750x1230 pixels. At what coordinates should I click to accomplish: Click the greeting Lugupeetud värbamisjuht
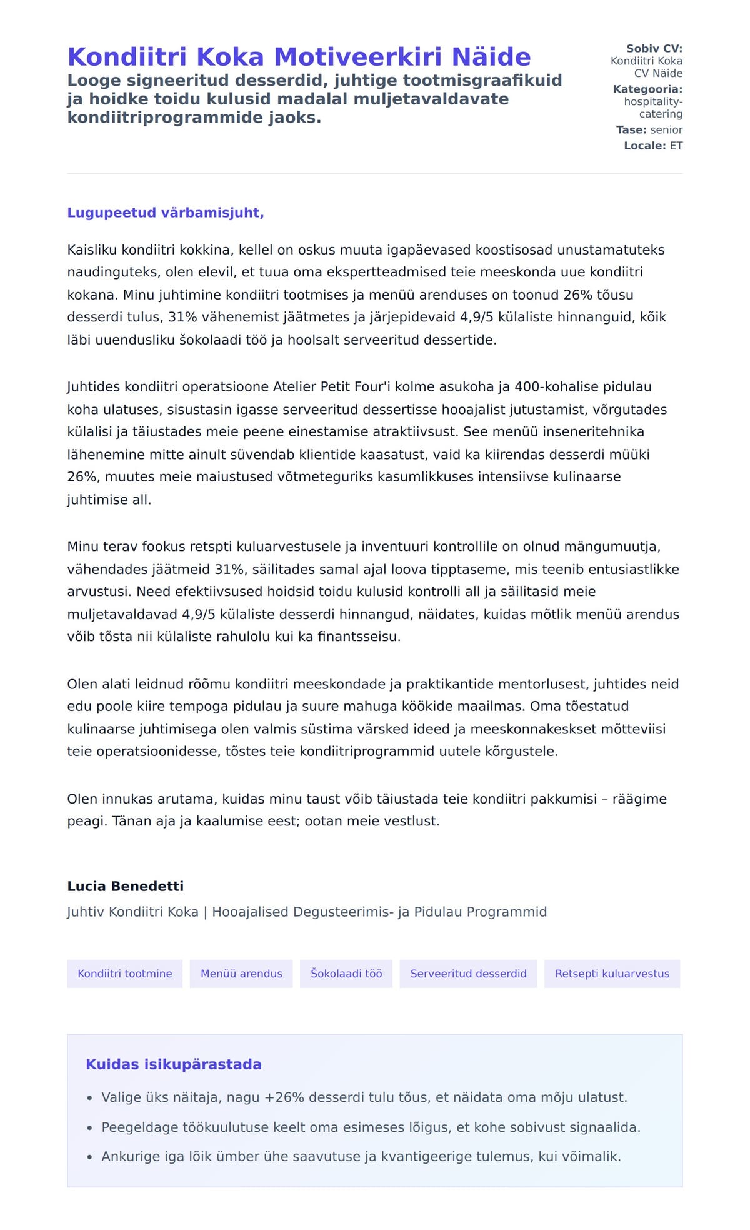point(165,213)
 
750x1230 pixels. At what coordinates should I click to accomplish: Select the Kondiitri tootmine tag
point(125,974)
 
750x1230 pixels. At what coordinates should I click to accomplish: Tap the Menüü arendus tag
point(241,974)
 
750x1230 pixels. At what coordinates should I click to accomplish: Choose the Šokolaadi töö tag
point(346,974)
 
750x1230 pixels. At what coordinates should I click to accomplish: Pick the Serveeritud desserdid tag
point(468,974)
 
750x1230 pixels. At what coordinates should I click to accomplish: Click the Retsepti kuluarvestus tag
point(612,974)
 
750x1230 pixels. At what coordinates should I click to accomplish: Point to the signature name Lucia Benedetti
point(125,886)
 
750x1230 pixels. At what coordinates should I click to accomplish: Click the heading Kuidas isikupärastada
point(174,1064)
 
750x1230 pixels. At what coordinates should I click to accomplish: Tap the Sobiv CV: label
point(654,49)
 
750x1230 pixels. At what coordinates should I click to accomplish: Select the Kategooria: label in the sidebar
point(647,89)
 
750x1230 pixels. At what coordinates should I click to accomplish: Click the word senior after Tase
point(666,130)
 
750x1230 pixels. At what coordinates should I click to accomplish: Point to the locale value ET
point(676,146)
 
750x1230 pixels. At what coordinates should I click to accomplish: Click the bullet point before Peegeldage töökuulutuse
point(90,1128)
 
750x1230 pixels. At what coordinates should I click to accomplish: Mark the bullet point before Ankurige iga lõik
point(90,1157)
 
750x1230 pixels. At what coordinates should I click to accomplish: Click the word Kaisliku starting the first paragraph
point(92,250)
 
